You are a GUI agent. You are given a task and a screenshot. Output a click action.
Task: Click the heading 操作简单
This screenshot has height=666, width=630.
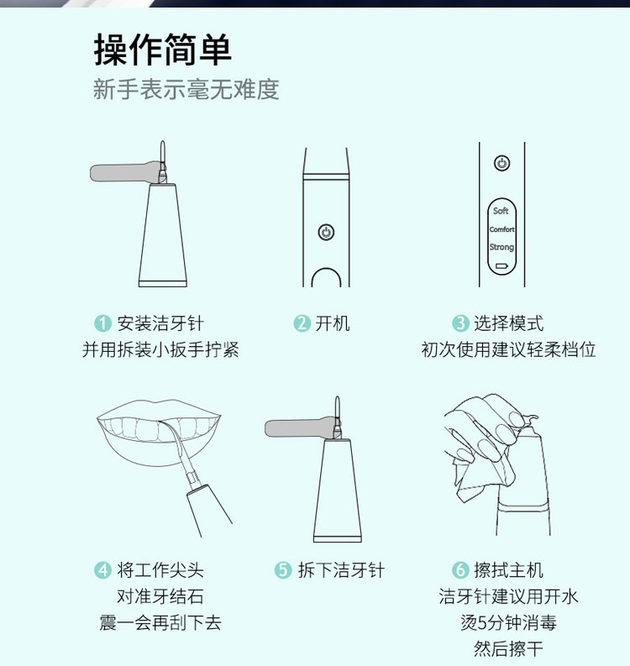click(x=163, y=50)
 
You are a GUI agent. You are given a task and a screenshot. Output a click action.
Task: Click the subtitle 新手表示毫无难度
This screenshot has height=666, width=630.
click(x=186, y=89)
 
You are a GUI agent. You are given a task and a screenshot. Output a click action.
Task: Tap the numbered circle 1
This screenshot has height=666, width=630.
click(x=102, y=323)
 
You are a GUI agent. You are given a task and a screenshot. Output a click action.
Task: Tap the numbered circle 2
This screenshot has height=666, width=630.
click(x=302, y=323)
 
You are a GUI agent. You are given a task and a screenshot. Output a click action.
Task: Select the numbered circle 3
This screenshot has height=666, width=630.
click(x=460, y=323)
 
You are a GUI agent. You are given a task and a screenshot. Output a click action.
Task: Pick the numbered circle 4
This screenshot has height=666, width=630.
click(x=102, y=570)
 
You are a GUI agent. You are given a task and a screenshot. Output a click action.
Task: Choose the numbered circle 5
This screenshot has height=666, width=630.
click(x=283, y=570)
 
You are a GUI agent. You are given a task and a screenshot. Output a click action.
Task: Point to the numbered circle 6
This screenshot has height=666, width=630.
click(x=460, y=570)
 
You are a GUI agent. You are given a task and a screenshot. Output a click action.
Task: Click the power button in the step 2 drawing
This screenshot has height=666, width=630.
click(x=326, y=232)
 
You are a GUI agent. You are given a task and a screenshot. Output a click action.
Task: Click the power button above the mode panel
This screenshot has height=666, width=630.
click(x=501, y=163)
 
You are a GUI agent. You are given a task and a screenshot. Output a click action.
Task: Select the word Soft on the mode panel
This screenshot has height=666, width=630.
click(x=501, y=211)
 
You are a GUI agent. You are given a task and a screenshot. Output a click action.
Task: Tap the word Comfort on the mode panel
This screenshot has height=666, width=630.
click(x=501, y=229)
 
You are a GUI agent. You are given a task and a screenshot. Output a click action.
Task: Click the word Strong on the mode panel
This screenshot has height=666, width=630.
click(x=501, y=247)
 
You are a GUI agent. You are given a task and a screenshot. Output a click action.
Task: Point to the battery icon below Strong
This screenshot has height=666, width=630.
click(x=501, y=266)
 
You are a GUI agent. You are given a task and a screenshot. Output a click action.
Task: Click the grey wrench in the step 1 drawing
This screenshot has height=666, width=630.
click(x=125, y=172)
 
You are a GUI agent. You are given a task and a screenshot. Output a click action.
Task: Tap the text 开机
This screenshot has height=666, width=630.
click(x=333, y=323)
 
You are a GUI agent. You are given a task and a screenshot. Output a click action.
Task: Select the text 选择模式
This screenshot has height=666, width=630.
click(x=508, y=323)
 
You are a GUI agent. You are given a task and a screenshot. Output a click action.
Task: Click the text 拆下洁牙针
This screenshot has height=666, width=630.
click(x=341, y=570)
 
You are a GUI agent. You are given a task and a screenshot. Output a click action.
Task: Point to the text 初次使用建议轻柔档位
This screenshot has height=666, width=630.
click(x=508, y=349)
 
